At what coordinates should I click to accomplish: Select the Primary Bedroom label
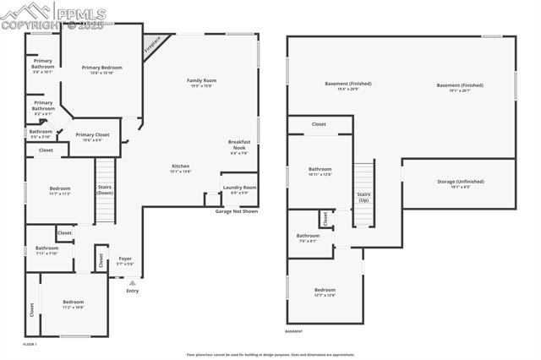[101, 68]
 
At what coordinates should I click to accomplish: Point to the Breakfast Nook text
[239, 147]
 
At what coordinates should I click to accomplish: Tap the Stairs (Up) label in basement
[363, 197]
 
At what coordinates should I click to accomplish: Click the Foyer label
[124, 259]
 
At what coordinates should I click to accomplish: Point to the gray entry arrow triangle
[132, 282]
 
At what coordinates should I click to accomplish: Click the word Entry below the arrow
[132, 291]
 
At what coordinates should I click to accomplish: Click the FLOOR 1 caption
[30, 344]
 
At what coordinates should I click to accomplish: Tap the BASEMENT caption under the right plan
[293, 331]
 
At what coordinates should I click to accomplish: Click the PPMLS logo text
[79, 14]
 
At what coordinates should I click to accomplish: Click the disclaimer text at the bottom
[270, 355]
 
